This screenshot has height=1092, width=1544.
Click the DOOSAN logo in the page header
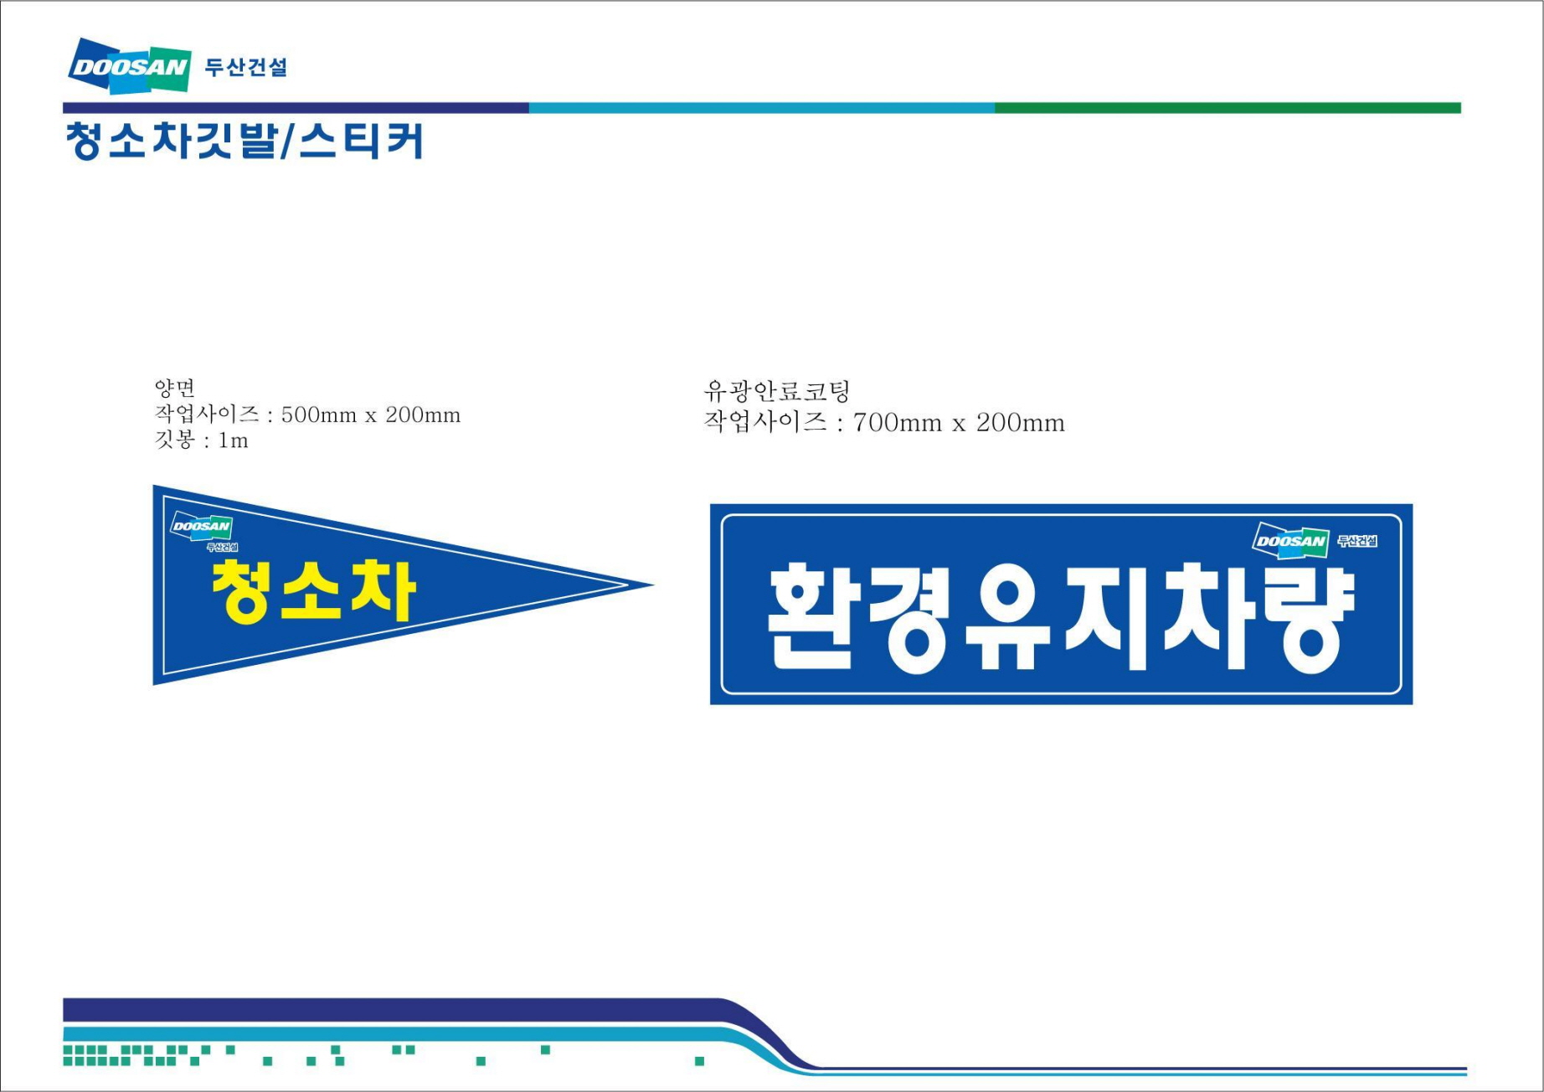tap(130, 65)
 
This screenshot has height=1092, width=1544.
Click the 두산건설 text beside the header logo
tap(246, 67)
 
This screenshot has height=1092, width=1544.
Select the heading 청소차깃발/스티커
tap(244, 141)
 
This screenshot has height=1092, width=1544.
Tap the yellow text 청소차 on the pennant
tap(313, 591)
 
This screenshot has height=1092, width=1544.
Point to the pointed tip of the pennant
tap(654, 585)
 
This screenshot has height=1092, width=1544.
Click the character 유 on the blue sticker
tap(1008, 618)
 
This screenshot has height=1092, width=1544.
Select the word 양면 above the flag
tap(175, 388)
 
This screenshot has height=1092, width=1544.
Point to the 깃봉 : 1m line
tap(202, 440)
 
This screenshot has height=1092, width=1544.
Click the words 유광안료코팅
tap(777, 391)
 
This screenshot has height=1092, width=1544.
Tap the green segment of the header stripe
tap(1227, 108)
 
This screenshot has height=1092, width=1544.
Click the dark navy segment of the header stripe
tap(296, 108)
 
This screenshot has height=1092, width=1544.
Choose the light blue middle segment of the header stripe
tap(762, 108)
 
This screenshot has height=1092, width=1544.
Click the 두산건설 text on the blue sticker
tap(1357, 541)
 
